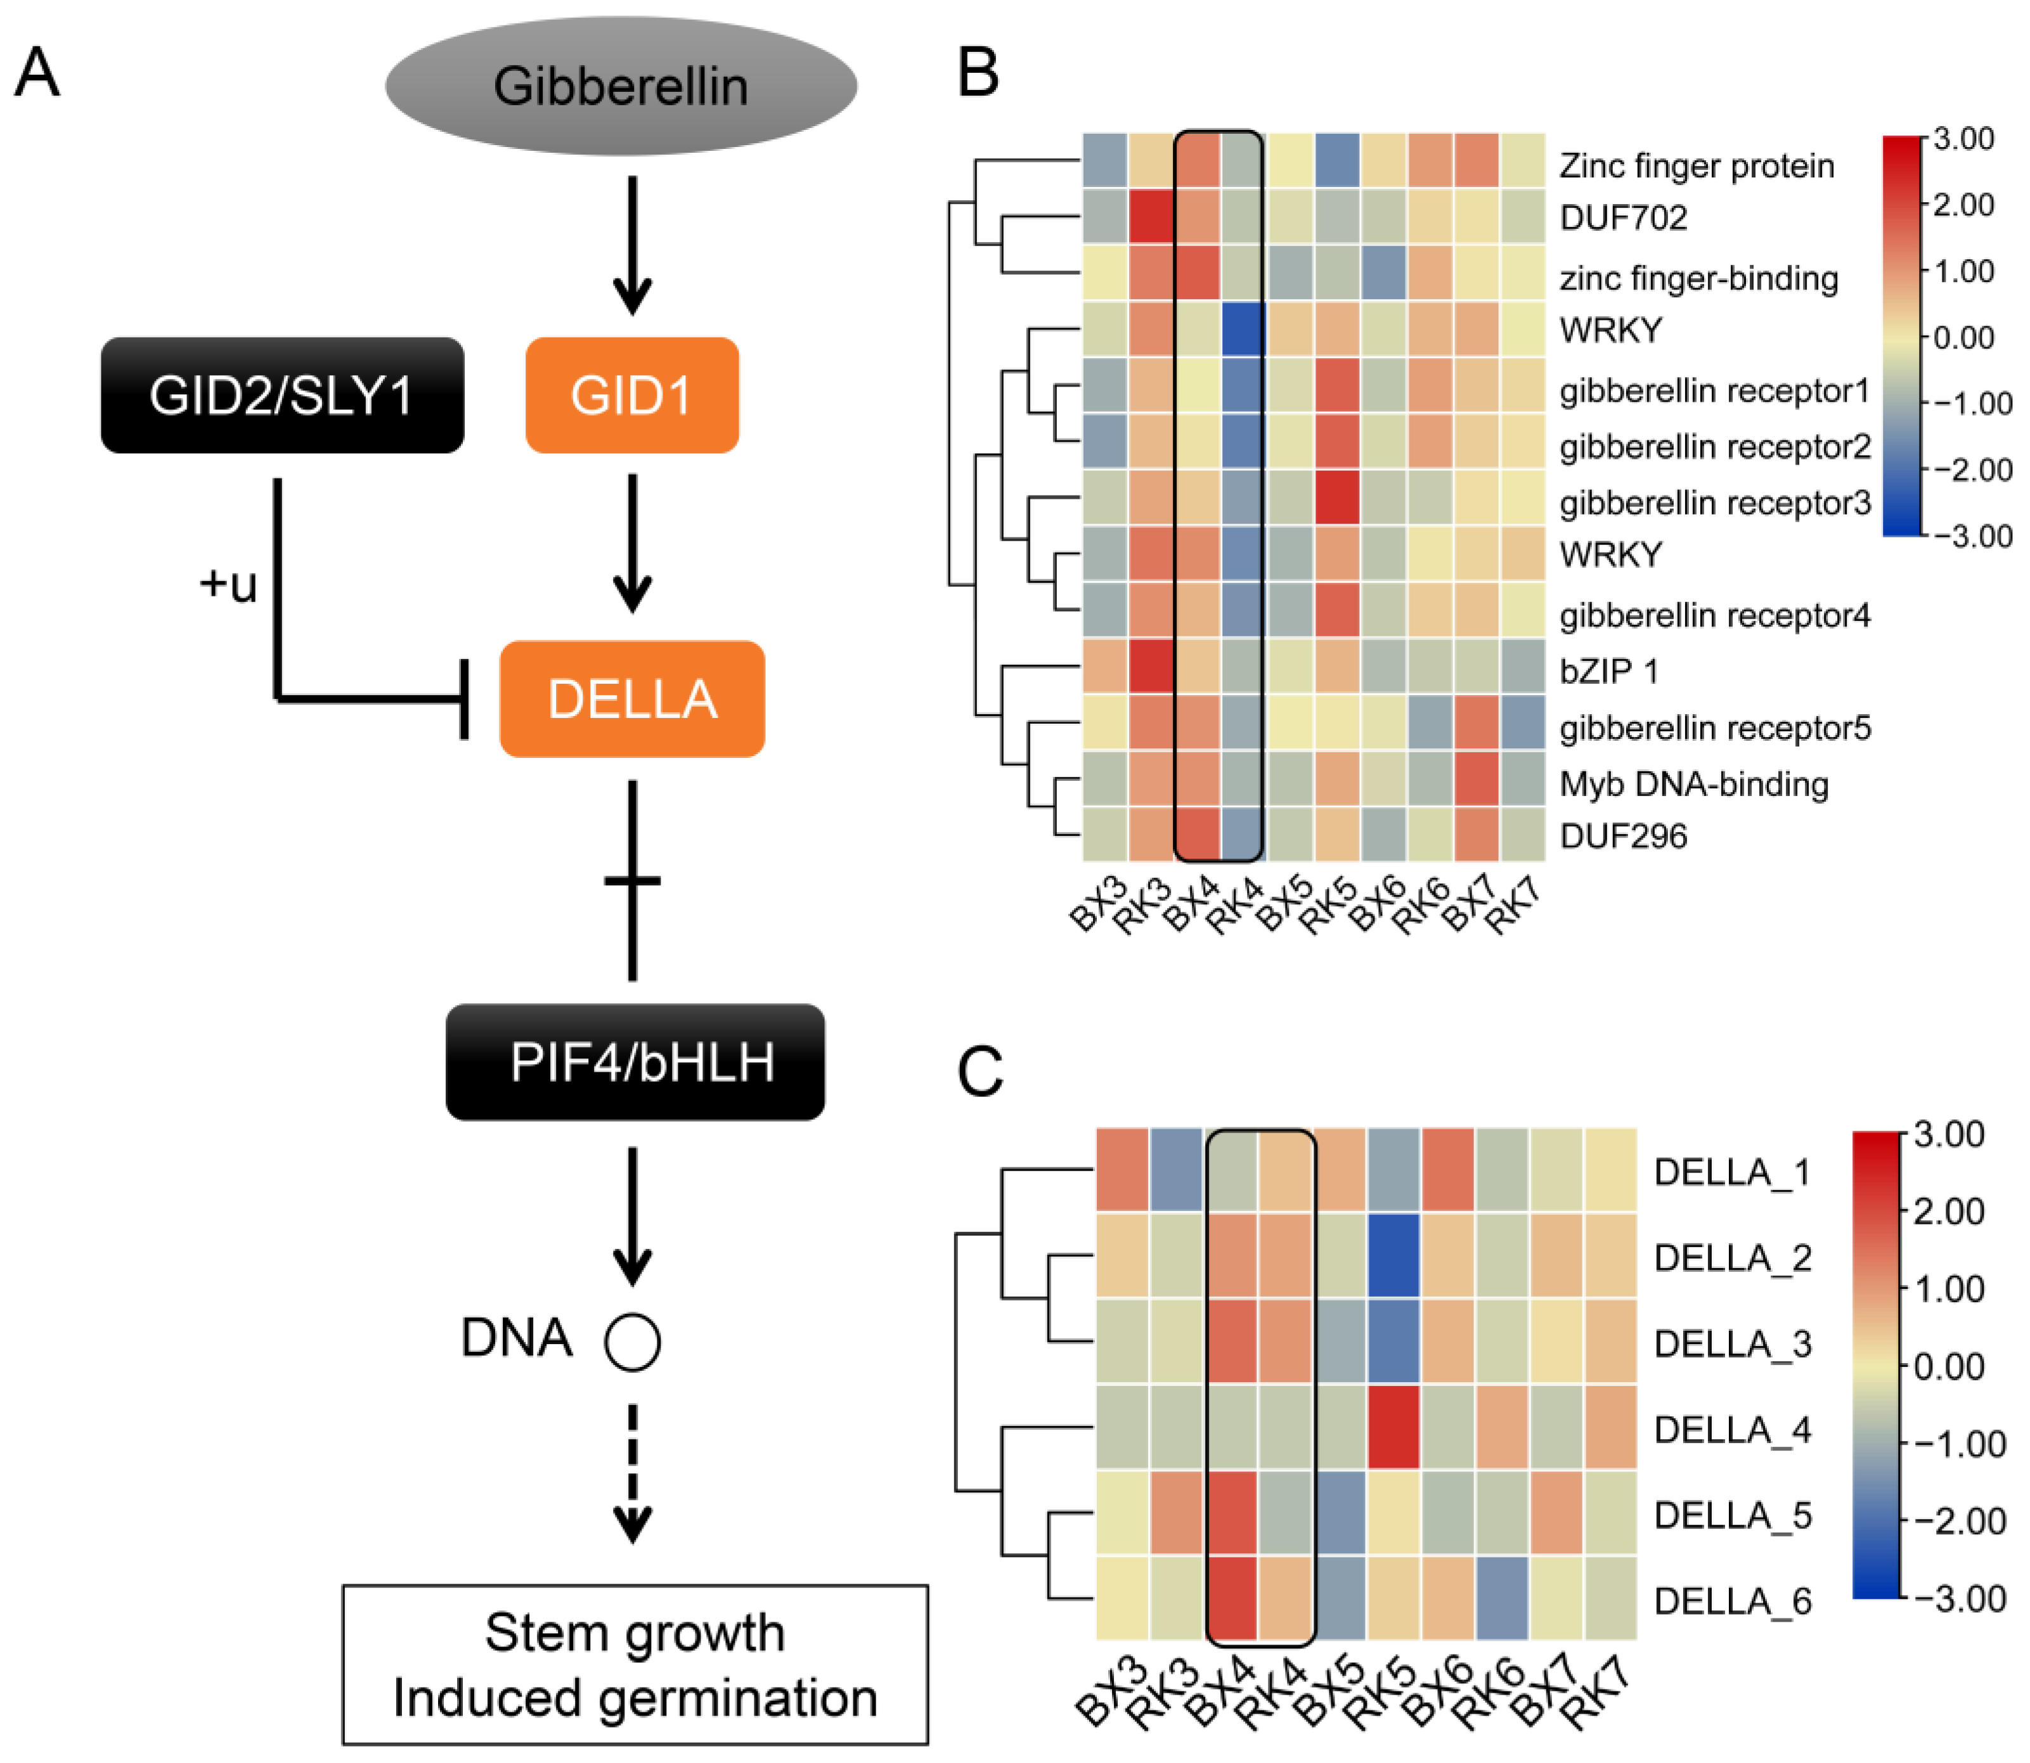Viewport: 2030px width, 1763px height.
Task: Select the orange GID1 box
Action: (x=631, y=395)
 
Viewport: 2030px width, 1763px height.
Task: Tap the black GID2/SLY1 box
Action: (x=281, y=395)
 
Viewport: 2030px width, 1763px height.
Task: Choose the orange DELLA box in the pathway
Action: (x=631, y=698)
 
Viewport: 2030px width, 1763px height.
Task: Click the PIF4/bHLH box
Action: (x=635, y=1061)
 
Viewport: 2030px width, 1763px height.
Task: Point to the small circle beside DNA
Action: (x=631, y=1342)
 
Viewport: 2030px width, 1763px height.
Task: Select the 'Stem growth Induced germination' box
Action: (x=635, y=1665)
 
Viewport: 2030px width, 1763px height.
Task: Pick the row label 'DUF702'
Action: (x=1624, y=217)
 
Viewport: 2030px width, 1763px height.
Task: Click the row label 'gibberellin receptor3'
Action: (x=1715, y=503)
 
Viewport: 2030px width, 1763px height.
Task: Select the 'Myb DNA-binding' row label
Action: (x=1693, y=784)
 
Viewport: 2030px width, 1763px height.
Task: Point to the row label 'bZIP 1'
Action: (x=1609, y=671)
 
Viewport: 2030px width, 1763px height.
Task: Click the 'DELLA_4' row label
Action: (x=1732, y=1430)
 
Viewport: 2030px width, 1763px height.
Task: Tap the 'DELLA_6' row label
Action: (x=1732, y=1601)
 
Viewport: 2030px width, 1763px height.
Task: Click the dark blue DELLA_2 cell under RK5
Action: (x=1392, y=1256)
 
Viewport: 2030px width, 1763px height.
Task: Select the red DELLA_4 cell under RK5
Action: (x=1392, y=1428)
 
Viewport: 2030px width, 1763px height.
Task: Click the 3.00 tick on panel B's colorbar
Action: (x=1963, y=139)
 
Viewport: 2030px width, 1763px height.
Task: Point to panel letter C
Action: (x=980, y=1072)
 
